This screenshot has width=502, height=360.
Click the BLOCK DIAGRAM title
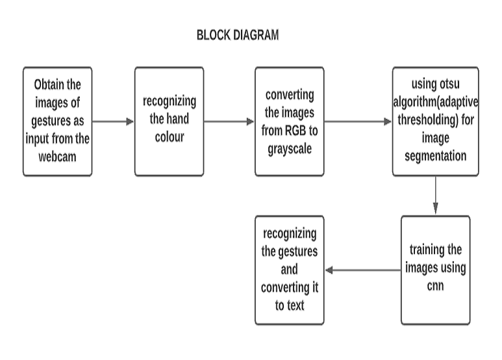(x=238, y=36)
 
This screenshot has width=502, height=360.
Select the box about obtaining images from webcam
(x=57, y=121)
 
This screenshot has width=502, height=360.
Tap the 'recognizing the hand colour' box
(x=169, y=121)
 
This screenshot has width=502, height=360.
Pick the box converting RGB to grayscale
(x=289, y=121)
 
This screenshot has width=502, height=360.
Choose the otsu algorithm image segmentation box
(x=435, y=121)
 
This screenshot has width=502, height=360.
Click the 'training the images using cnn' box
(x=435, y=270)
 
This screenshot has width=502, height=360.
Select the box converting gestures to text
(x=289, y=270)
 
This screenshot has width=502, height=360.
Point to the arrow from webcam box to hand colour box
(x=113, y=122)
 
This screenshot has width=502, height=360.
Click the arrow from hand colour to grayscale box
(x=229, y=122)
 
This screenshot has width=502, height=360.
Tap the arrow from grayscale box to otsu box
(x=357, y=122)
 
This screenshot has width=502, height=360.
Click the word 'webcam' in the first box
(x=58, y=156)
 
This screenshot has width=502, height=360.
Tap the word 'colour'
(x=169, y=138)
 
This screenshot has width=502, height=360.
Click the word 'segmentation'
(x=435, y=156)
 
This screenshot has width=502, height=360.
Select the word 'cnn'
(x=435, y=285)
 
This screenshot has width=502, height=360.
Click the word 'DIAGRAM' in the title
(x=254, y=36)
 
